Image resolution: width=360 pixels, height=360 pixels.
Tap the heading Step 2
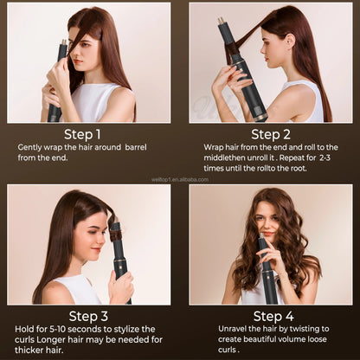[x=271, y=134]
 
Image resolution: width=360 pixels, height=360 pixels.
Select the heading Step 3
[x=87, y=316]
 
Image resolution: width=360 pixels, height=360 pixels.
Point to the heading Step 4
[x=271, y=316]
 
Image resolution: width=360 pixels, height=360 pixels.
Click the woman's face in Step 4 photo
[x=268, y=222]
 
